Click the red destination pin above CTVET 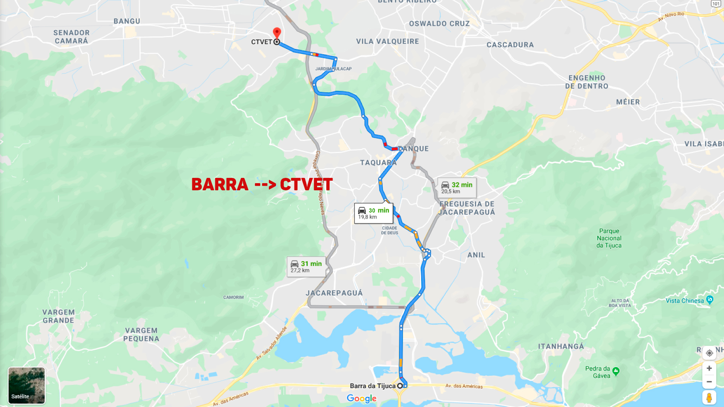[x=277, y=32]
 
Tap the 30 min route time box [x=374, y=213]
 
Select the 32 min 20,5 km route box [x=457, y=188]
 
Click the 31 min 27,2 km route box [x=306, y=266]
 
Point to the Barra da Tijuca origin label [x=373, y=386]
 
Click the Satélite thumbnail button [x=26, y=386]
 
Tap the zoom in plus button [x=709, y=368]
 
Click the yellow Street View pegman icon [x=709, y=397]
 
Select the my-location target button [x=709, y=353]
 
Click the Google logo [x=361, y=398]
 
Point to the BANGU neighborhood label [x=127, y=21]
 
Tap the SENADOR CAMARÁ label [x=71, y=37]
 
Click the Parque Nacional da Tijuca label [x=609, y=238]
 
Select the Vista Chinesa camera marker [x=710, y=300]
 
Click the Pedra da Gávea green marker [x=616, y=372]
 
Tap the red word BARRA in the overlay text [x=219, y=184]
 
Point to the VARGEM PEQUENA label [x=141, y=334]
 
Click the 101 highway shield [x=716, y=3]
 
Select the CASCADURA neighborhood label [x=510, y=45]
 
